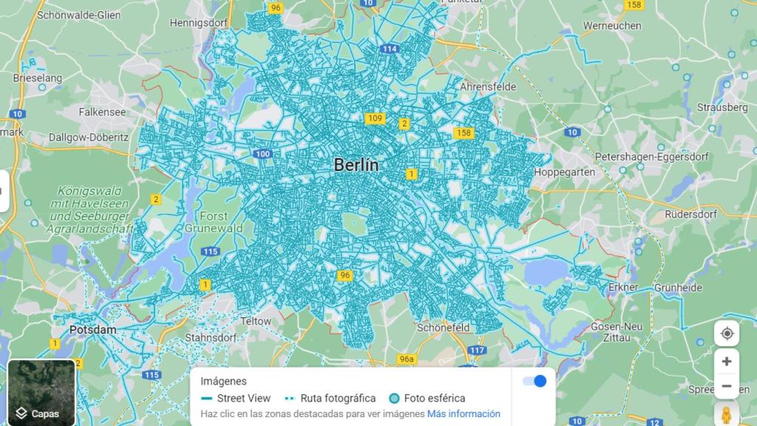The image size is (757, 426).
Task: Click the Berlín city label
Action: pos(356,165)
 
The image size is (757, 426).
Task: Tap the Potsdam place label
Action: pos(92,329)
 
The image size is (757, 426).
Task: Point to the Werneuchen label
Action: pos(612,25)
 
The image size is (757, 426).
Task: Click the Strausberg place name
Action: pos(722,107)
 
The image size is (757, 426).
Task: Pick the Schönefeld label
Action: pos(444,327)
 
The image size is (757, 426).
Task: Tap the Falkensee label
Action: pos(103,112)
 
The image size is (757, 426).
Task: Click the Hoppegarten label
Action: pos(564,172)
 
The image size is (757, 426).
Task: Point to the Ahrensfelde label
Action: pos(488,87)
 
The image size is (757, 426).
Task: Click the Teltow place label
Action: pos(256,321)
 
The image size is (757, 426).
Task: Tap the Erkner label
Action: pos(622,287)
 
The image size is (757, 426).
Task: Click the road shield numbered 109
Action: pos(375,118)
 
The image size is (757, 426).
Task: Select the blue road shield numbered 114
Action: pos(390,49)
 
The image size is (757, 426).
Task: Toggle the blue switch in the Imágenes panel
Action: pos(534,381)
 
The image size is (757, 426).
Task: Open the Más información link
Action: pos(464,413)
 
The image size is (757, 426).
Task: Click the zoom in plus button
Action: pos(727,362)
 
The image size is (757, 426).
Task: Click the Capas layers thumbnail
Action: pos(41,392)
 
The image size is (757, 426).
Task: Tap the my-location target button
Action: pos(727,334)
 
